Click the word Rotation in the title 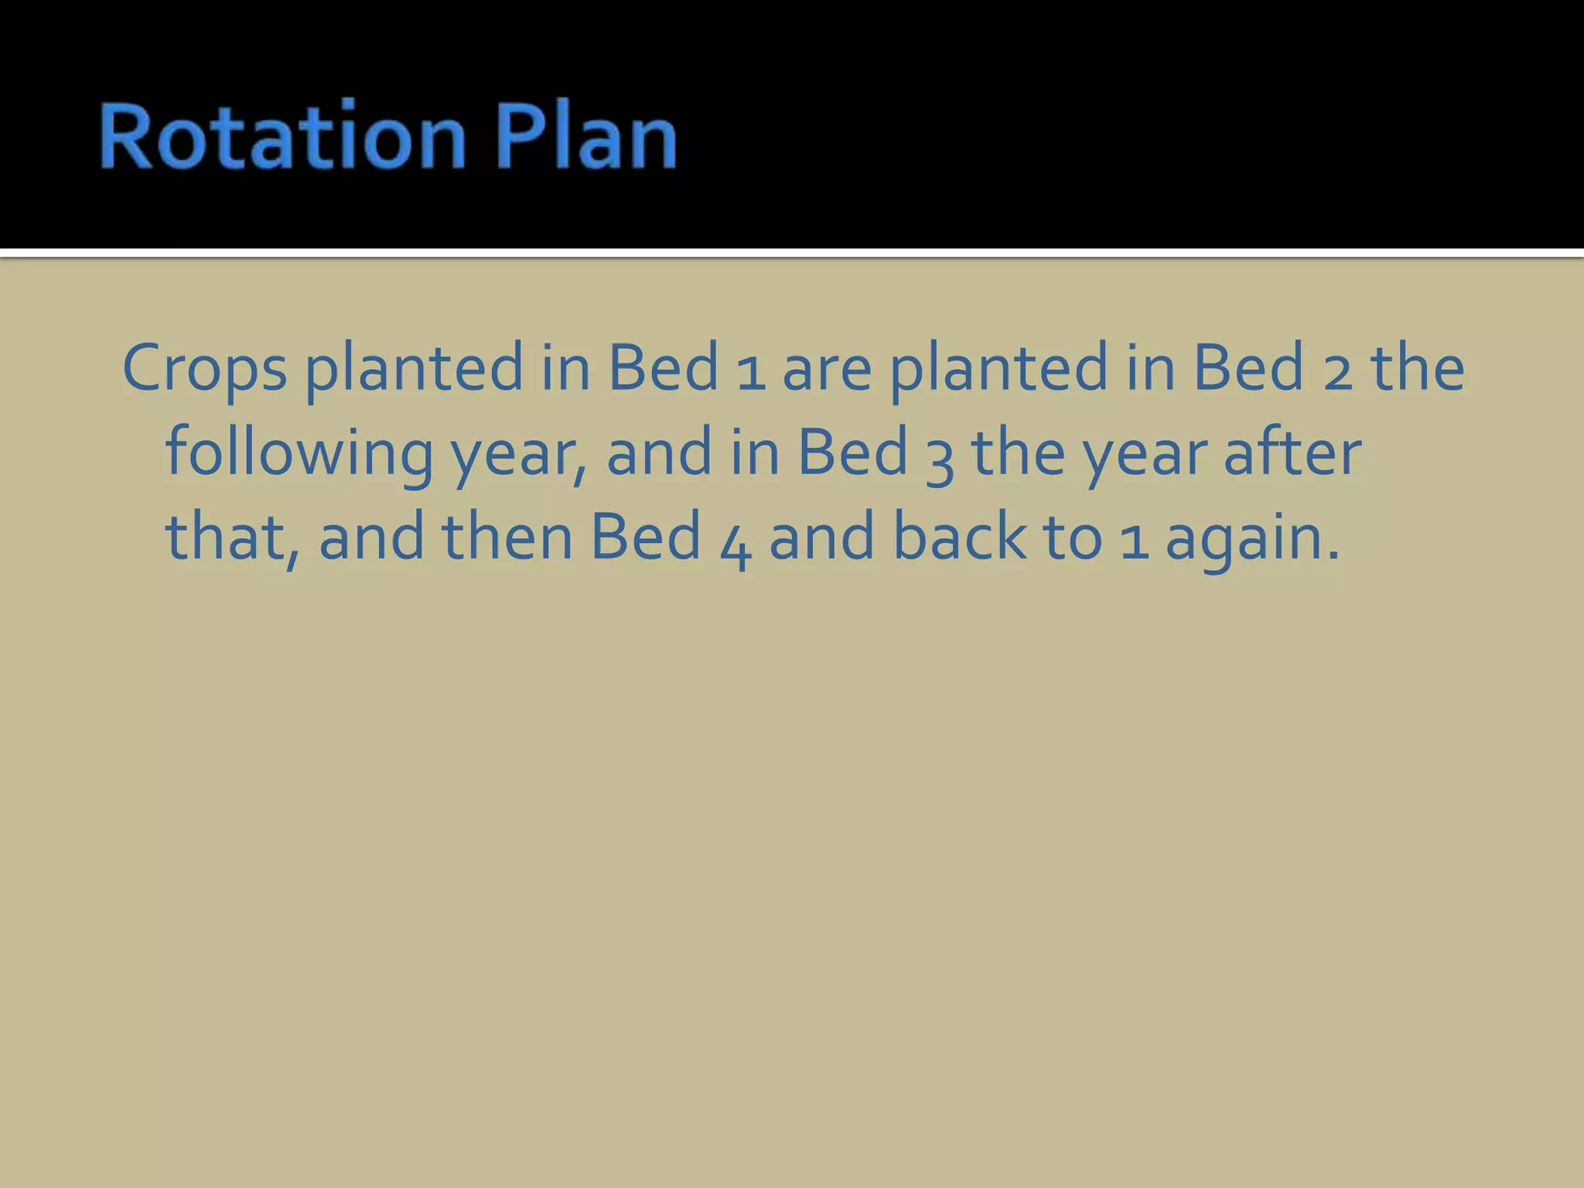click(282, 137)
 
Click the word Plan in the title click(585, 137)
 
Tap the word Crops click(204, 370)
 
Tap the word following click(299, 455)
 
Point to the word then click(507, 537)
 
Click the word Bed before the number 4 click(646, 537)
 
